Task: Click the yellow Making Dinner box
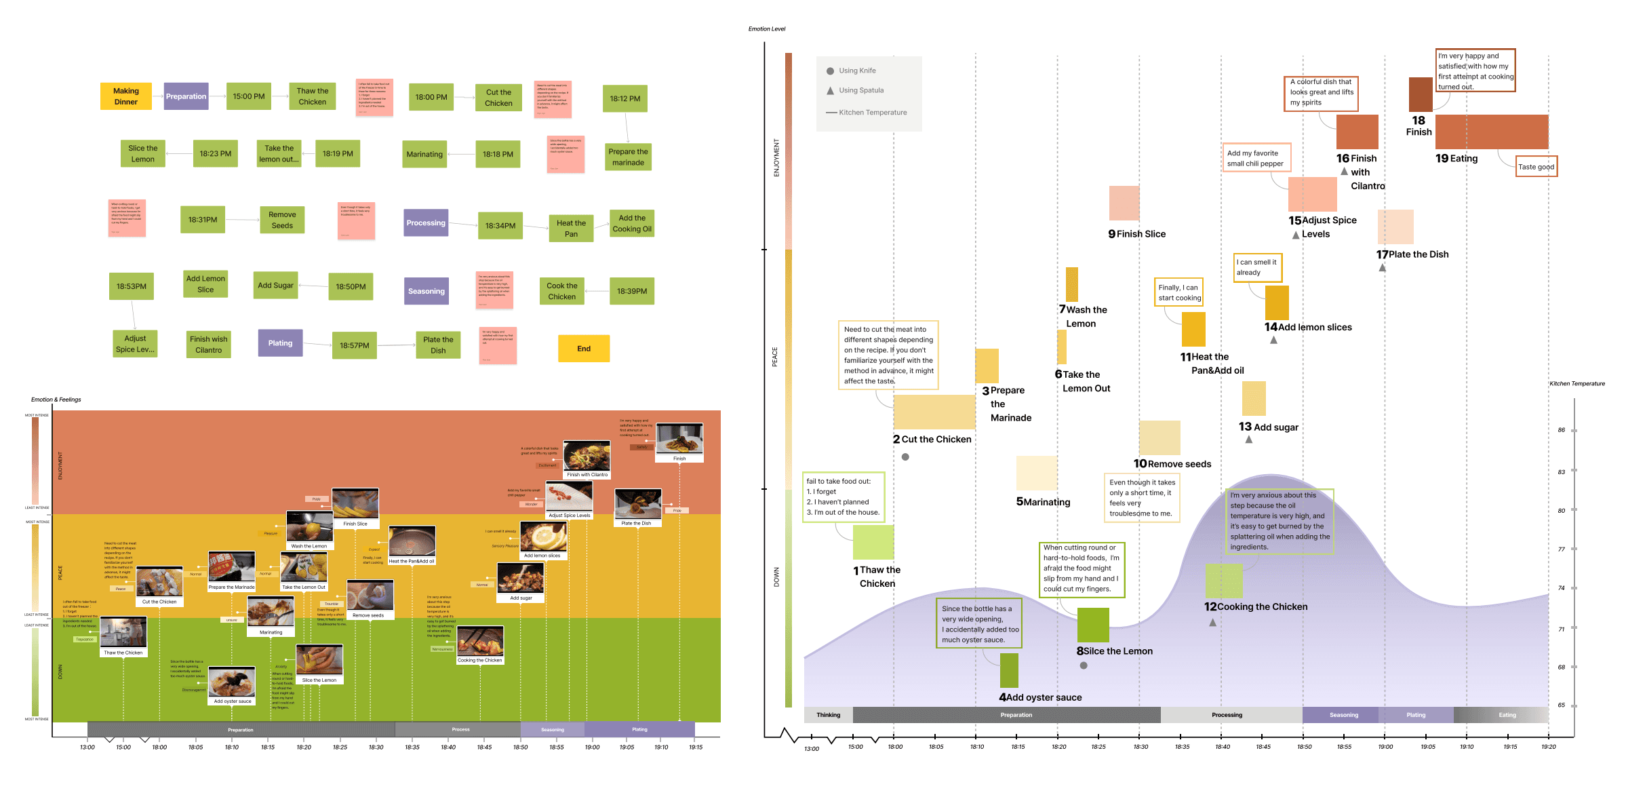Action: pos(125,96)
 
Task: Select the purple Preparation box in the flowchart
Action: pos(186,96)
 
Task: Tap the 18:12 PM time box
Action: pos(624,98)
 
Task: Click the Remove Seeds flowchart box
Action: pos(282,220)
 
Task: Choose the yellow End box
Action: pos(584,349)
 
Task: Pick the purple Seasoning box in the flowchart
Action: pos(426,291)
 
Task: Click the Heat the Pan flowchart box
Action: pos(571,228)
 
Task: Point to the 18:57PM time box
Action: pos(354,345)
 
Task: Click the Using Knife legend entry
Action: pos(856,71)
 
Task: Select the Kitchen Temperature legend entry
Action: pos(872,113)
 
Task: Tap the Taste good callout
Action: pos(1536,167)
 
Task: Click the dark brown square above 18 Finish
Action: pos(1421,94)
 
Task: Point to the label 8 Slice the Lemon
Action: pos(1115,651)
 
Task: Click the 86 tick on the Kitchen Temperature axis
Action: pos(1562,430)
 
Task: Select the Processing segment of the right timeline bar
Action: pos(1227,715)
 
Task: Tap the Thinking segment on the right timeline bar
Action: pos(828,715)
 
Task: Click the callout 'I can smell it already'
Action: pos(1258,267)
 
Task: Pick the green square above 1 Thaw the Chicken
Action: pos(873,542)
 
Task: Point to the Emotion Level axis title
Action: pos(766,29)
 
